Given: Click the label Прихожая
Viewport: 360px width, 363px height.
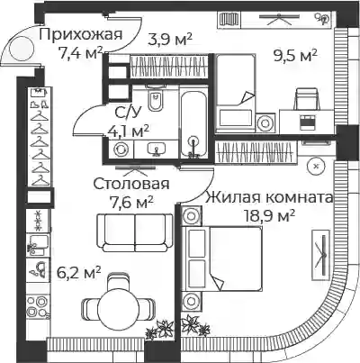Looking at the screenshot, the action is click(x=81, y=34).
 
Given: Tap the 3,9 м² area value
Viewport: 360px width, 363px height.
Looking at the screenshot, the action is click(x=170, y=40).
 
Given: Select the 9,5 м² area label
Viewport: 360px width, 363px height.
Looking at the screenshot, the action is click(x=295, y=55).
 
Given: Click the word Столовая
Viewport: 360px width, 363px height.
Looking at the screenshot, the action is click(x=131, y=184).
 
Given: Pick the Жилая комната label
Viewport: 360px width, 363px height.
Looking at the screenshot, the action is click(x=269, y=197).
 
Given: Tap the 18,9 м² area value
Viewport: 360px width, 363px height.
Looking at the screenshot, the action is click(x=270, y=215).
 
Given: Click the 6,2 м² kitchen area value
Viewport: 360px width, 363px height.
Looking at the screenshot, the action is click(x=78, y=273).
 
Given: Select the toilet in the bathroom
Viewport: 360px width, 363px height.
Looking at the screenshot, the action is click(x=156, y=98).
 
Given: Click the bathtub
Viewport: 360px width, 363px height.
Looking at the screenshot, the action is click(x=194, y=124).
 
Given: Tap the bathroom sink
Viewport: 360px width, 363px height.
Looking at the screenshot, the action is click(x=156, y=148).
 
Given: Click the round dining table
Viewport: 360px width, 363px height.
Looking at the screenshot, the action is click(x=119, y=308).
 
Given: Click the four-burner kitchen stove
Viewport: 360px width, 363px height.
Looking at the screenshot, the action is click(x=38, y=306).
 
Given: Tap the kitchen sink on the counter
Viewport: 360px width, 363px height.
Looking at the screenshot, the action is click(x=38, y=245).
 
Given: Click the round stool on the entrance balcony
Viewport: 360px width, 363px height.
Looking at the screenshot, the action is click(x=22, y=48).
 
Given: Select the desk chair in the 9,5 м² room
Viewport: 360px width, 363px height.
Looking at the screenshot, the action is click(x=306, y=98).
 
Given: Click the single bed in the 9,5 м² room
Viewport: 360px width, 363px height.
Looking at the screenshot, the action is click(x=236, y=92).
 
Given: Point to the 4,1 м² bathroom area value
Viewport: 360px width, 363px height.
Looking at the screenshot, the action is click(x=128, y=131).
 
